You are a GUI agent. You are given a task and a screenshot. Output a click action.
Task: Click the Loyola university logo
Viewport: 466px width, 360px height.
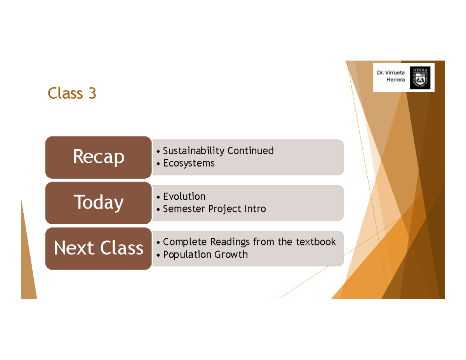coord(420,78)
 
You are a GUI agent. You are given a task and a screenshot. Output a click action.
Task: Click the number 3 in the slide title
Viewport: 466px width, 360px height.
coord(92,93)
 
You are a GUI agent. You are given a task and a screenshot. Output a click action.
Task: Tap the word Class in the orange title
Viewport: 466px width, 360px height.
coord(65,93)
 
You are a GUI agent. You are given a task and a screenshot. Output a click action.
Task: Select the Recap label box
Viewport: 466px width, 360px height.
coord(98,157)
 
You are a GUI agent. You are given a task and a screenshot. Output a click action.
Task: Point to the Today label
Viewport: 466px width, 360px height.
coord(98,203)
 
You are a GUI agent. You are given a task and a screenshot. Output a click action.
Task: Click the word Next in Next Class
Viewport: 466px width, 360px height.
coord(74,248)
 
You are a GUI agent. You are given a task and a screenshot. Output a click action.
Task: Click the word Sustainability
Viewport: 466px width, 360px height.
coord(194,151)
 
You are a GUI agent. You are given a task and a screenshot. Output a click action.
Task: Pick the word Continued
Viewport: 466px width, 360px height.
coord(250,151)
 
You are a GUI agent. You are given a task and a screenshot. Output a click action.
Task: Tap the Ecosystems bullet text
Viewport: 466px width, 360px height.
coord(189,163)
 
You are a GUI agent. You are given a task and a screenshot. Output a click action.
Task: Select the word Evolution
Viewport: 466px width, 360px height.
coord(184,197)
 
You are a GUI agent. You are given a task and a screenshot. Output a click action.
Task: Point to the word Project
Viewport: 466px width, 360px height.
coord(225,209)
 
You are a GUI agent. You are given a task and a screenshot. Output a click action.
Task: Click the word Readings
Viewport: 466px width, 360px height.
coord(230,242)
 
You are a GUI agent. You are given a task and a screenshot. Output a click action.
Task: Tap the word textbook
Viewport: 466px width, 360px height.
coord(316,242)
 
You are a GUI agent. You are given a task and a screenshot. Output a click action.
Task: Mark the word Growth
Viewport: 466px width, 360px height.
coord(231,254)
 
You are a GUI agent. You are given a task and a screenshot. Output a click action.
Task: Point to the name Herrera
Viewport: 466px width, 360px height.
coord(395,80)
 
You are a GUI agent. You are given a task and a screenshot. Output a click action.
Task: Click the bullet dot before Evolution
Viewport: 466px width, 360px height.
coord(158,197)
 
